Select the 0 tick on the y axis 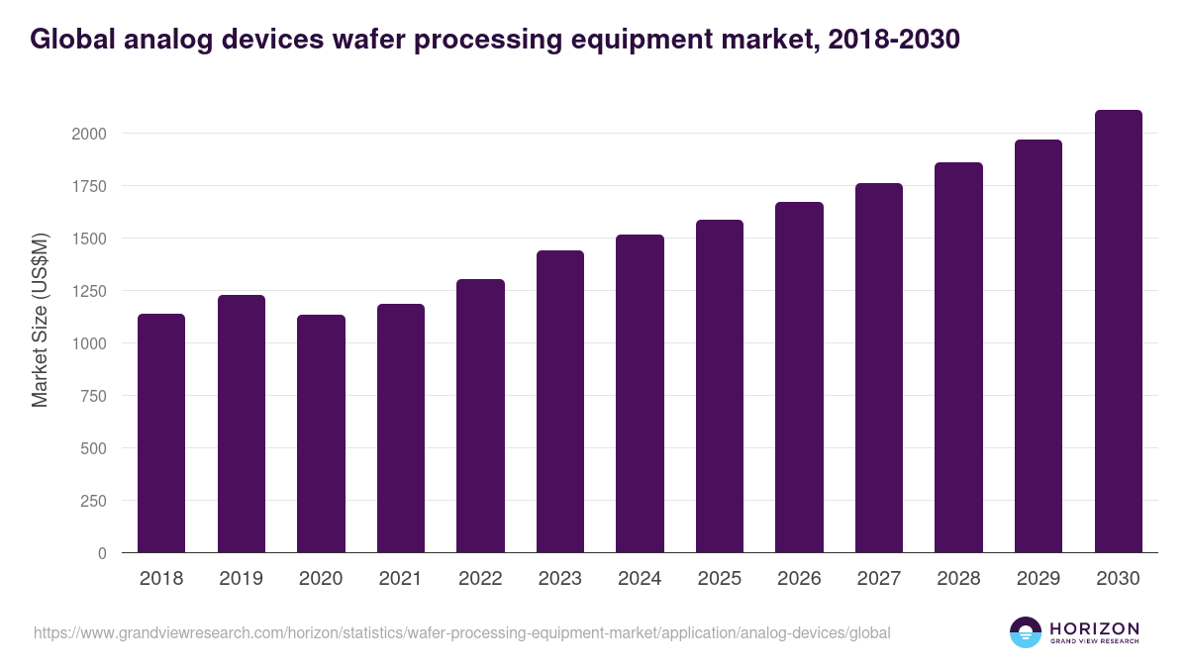102,553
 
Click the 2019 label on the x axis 242,579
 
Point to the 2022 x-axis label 480,579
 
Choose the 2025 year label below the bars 720,579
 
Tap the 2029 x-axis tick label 1039,579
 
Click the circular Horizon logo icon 1026,632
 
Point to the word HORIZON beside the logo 1094,627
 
